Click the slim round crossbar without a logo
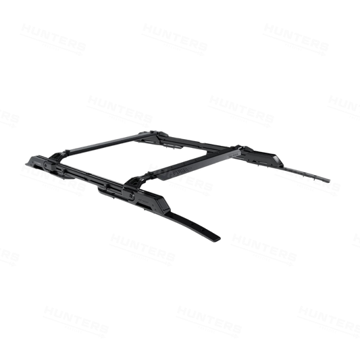108,143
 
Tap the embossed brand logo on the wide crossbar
180,170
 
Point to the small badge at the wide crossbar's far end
232,155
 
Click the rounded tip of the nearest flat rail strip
216,238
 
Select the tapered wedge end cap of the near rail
34,161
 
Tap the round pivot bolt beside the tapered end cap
46,165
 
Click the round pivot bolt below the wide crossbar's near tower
132,196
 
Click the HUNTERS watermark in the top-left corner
53,39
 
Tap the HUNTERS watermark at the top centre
175,39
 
